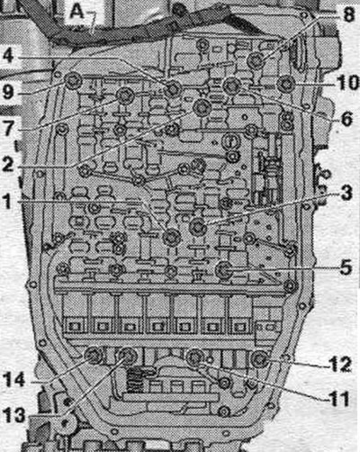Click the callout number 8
348,15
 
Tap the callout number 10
348,82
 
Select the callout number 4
9,55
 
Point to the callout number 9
8,92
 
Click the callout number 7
8,128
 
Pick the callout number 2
8,164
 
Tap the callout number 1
7,201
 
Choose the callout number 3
346,193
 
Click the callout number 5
346,267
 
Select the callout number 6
346,119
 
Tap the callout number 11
339,399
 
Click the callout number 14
13,380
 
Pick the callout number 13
13,416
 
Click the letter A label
76,13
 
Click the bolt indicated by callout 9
73,81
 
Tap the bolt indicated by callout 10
285,84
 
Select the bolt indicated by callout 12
259,359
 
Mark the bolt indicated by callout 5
224,269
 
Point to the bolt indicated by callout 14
93,355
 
